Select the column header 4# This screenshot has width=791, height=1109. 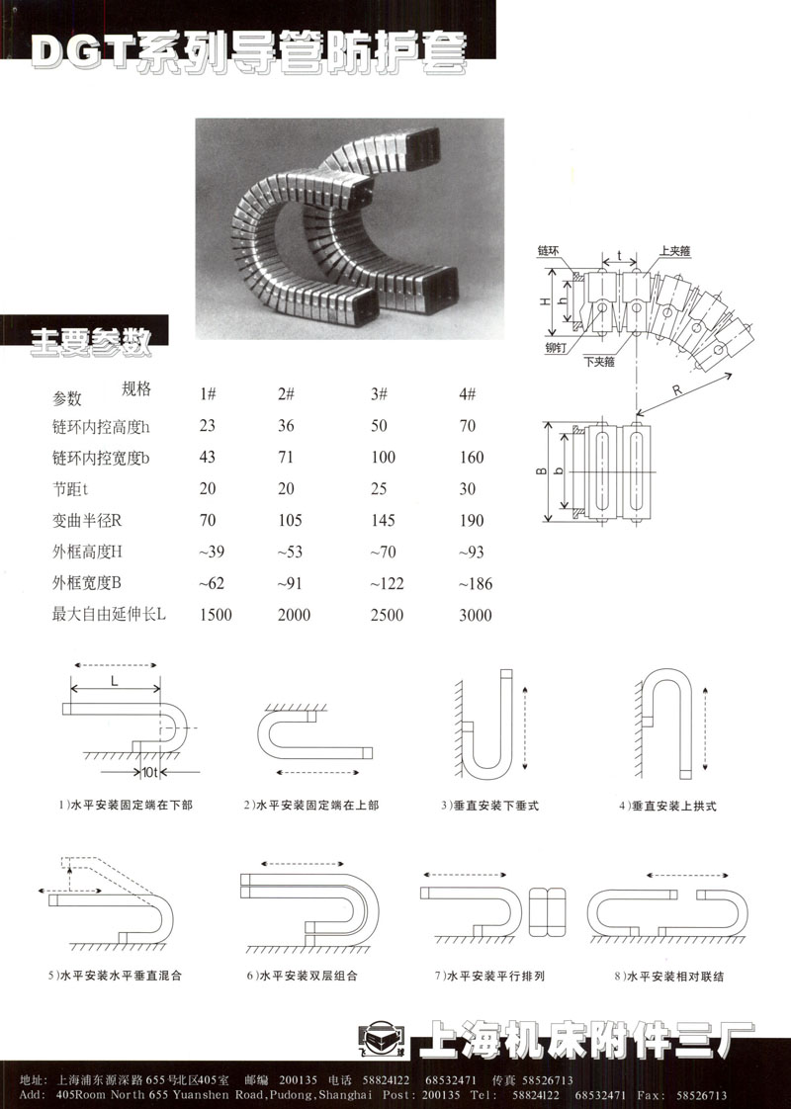coord(468,394)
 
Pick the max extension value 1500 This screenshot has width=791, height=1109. coord(216,615)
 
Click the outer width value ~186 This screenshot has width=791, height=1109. coord(475,584)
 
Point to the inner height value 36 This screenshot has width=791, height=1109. coord(287,426)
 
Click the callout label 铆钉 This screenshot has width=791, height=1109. coord(557,348)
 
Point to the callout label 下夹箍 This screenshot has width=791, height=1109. coord(598,362)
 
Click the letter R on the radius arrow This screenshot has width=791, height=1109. coord(676,390)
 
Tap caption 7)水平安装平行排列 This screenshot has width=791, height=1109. coord(489,976)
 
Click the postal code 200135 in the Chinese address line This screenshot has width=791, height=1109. coord(298,1080)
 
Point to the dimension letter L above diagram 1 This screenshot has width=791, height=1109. coord(114,682)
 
